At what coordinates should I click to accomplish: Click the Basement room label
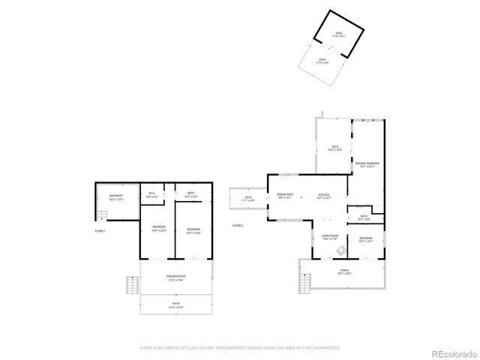(115, 197)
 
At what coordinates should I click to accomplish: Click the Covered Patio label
(175, 277)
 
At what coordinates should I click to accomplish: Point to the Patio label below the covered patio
(175, 306)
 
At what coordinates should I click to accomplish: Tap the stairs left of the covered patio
(132, 286)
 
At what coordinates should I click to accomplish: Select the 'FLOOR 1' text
(100, 231)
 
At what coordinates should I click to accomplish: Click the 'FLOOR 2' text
(238, 225)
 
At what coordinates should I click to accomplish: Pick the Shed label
(338, 34)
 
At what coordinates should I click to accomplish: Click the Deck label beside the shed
(322, 61)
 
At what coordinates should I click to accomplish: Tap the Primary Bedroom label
(367, 164)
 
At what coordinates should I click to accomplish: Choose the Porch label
(344, 271)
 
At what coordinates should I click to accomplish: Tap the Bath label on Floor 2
(364, 217)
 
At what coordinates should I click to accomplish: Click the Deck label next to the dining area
(247, 199)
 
